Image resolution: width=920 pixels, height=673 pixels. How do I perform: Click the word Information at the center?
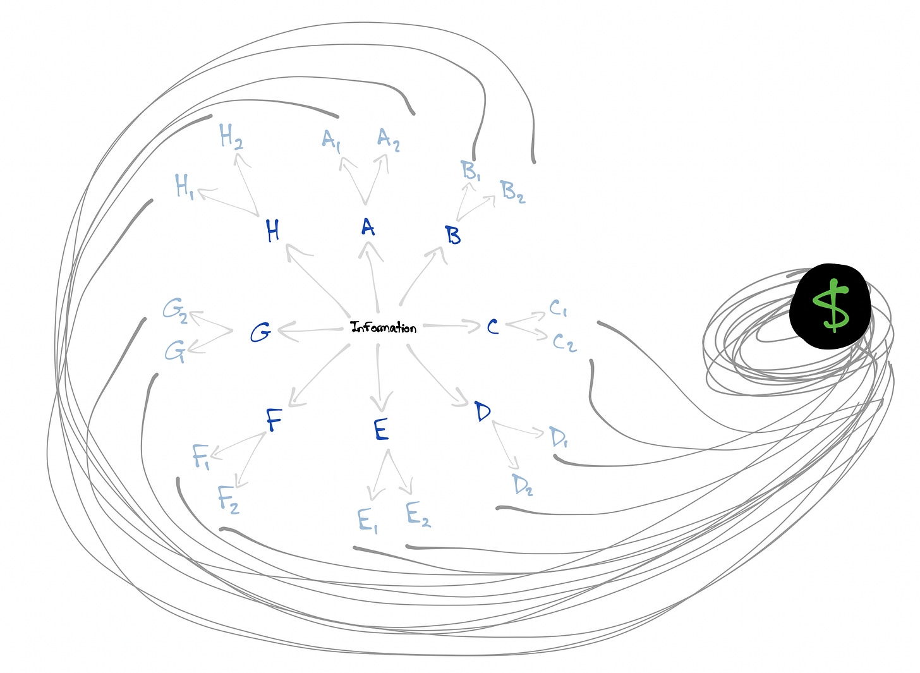point(384,327)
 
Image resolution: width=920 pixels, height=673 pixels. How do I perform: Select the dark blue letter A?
point(368,227)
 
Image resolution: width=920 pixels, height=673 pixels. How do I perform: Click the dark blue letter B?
point(452,236)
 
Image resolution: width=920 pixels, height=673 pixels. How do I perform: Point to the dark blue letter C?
point(493,327)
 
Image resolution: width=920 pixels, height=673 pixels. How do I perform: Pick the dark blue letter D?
point(483,412)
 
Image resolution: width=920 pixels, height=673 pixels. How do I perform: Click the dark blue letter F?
point(274,420)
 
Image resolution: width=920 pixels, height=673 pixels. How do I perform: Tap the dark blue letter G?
point(260,332)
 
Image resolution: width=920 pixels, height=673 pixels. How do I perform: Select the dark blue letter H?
point(272,231)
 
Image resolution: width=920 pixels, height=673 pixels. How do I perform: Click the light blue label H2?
point(231,136)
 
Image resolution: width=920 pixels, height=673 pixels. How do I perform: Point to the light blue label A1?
point(331,140)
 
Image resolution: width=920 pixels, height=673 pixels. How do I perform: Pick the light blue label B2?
point(512,191)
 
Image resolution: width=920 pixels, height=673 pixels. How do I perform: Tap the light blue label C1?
point(558,308)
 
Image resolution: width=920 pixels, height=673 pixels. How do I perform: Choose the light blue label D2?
point(523,485)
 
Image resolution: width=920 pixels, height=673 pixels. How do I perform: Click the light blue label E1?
point(367,521)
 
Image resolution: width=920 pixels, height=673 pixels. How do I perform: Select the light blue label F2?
point(228,499)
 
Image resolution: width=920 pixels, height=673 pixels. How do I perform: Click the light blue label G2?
point(175,310)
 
